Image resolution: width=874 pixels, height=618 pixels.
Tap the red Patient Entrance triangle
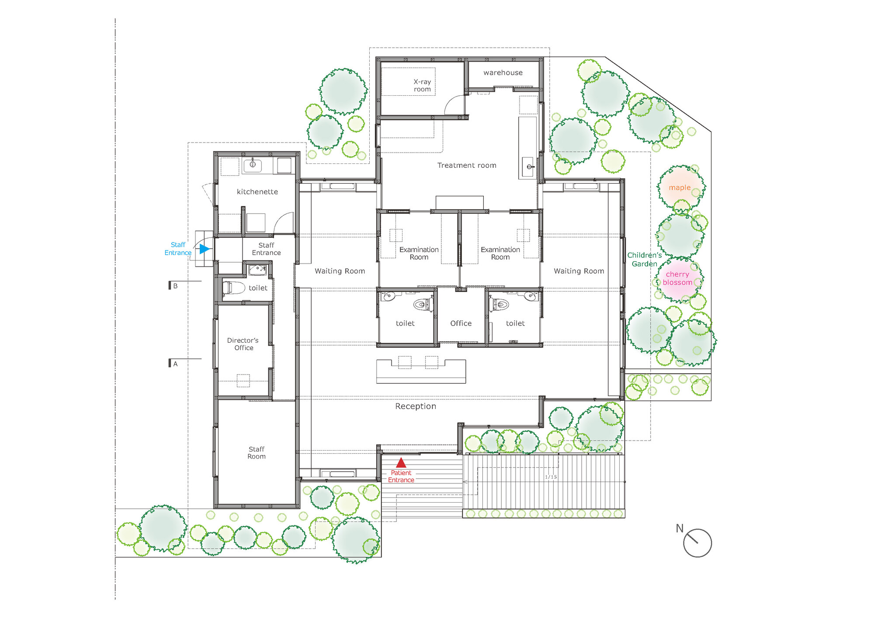coord(401,463)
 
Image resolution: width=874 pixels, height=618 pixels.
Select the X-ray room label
coord(422,85)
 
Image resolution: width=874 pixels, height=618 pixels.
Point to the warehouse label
coord(503,73)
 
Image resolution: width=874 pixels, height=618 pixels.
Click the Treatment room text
coord(467,165)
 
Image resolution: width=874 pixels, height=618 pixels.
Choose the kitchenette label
coord(257,191)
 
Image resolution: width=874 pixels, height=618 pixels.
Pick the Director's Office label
coord(243,344)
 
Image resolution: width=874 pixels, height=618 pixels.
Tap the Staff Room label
coord(257,452)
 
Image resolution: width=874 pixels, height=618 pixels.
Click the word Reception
coord(415,406)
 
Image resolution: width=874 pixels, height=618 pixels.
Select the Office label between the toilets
coord(461,323)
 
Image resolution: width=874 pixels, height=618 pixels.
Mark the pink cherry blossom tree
coord(678,279)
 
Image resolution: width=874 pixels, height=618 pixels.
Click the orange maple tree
coord(680,188)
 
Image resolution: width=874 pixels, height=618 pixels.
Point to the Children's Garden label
coord(644,259)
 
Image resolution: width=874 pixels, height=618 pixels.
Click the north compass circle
coord(697,543)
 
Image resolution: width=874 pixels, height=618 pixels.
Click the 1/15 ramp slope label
coord(551,477)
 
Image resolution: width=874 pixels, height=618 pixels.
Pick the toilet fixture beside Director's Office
coord(233,288)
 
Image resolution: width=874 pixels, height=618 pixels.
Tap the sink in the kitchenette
coord(252,165)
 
